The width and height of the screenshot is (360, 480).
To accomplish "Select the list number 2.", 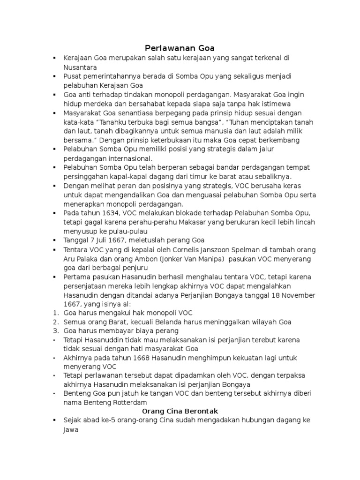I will (x=55, y=322).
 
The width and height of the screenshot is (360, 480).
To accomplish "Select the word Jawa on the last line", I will (x=72, y=429).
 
